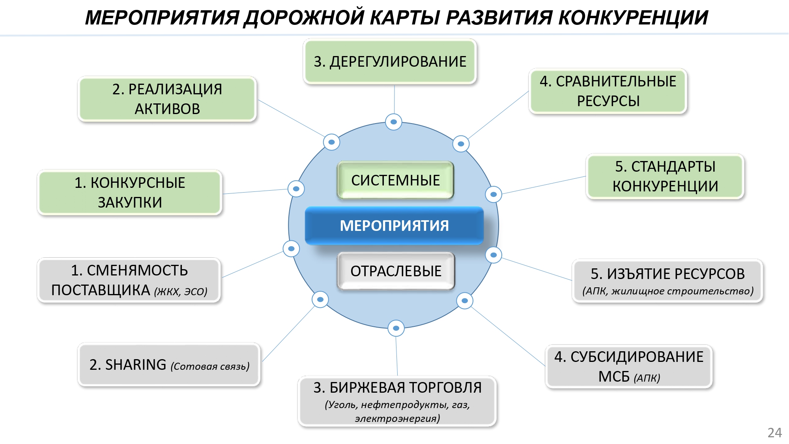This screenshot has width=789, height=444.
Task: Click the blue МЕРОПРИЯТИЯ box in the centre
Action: click(x=394, y=226)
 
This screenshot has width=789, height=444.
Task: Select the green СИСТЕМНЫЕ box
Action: click(x=395, y=180)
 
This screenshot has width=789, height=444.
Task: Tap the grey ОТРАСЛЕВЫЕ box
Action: click(x=396, y=271)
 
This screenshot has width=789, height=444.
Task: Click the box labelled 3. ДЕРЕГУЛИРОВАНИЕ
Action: click(x=390, y=62)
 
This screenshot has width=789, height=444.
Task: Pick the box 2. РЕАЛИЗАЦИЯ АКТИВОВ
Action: click(x=167, y=99)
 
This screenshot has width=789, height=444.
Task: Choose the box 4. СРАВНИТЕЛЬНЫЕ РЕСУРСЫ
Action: click(x=608, y=91)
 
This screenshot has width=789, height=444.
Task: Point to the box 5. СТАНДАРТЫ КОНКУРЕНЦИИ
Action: click(x=665, y=176)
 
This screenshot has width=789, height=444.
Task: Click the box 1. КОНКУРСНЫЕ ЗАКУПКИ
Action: click(x=130, y=193)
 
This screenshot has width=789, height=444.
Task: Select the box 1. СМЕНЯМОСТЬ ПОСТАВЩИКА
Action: click(x=129, y=280)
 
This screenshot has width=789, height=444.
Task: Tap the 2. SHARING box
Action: click(x=169, y=365)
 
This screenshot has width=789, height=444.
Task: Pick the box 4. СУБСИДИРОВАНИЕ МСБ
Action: click(x=629, y=367)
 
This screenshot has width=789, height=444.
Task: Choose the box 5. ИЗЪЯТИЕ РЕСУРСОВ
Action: click(x=667, y=281)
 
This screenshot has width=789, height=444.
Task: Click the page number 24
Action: click(x=774, y=433)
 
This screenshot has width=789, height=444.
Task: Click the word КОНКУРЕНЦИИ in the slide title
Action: click(x=633, y=18)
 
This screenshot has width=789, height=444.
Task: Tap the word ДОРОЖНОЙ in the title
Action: click(x=304, y=18)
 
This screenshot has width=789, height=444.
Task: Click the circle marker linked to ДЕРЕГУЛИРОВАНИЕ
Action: click(x=393, y=122)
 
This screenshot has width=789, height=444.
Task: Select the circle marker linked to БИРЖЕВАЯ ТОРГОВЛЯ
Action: click(x=396, y=328)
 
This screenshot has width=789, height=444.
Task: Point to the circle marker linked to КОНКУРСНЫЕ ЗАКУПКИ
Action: click(x=296, y=189)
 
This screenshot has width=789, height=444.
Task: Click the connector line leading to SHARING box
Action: click(x=288, y=334)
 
